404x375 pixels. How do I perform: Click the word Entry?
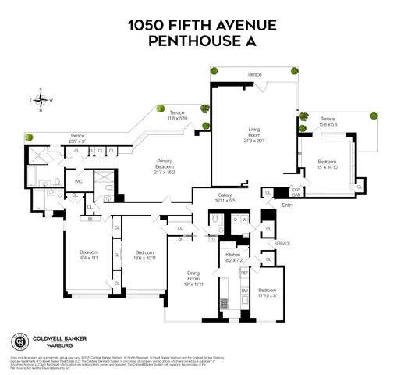point(288,205)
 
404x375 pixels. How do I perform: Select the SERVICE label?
point(282,244)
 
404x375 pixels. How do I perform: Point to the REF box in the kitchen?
point(244,273)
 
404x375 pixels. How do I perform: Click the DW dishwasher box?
point(244,290)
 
